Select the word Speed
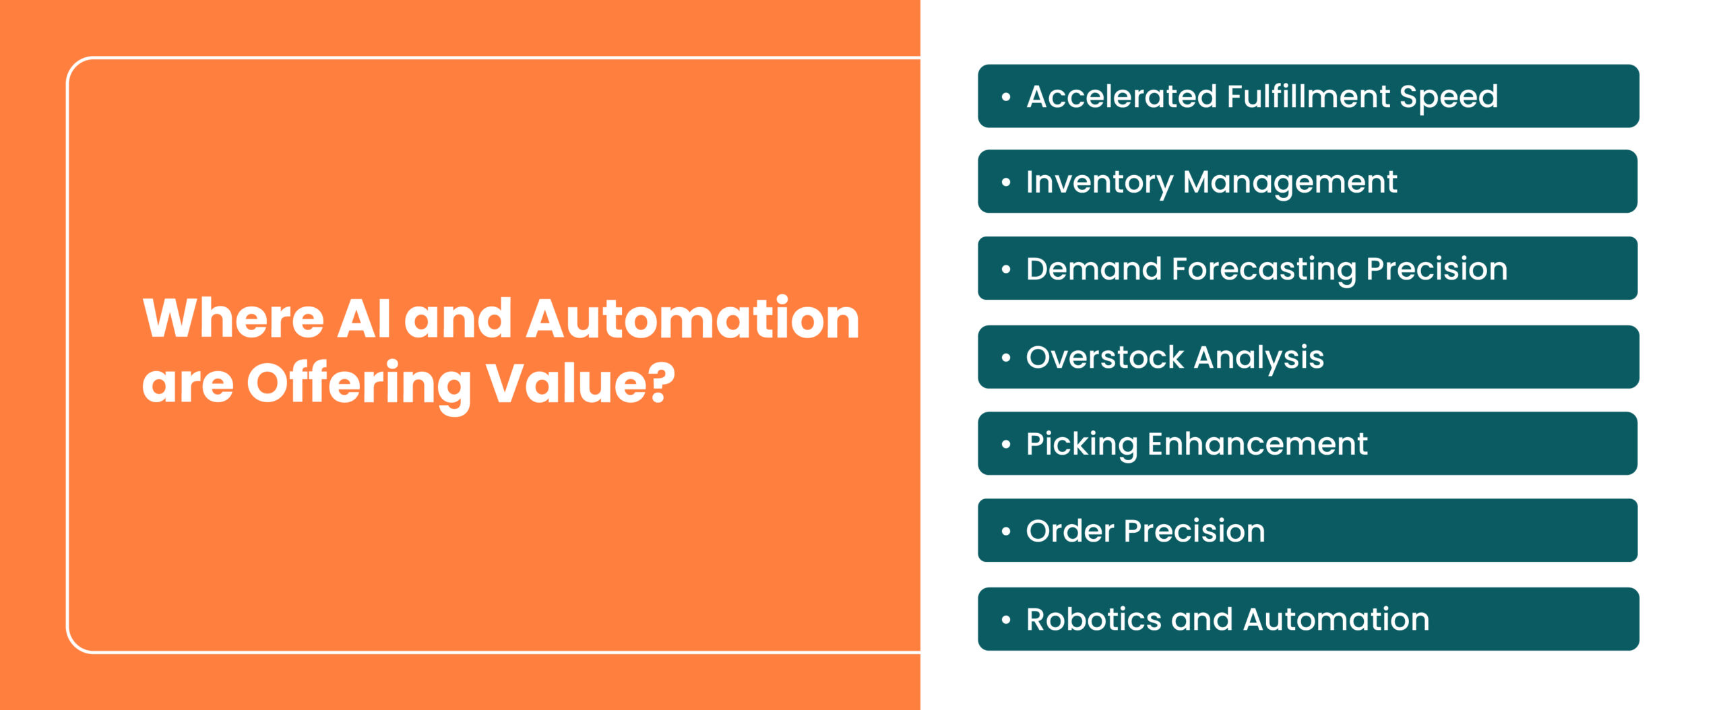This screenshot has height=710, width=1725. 1449,98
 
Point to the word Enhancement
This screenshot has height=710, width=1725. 1257,444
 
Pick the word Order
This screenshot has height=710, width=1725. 1070,531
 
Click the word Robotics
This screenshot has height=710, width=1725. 1094,619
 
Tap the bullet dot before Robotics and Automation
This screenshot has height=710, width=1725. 1006,620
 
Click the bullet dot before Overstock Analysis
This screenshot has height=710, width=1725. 1006,358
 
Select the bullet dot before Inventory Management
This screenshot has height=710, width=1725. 1006,183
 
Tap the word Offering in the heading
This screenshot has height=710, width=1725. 359,385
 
